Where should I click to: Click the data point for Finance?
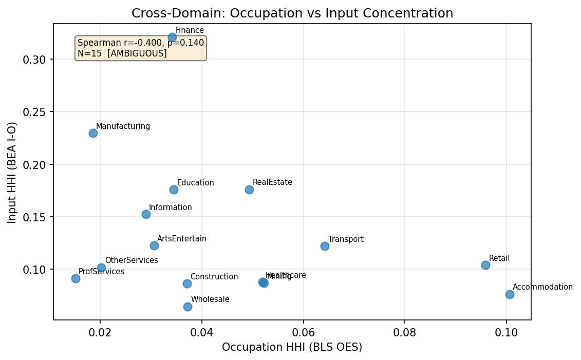pos(172,37)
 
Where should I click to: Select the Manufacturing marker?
pos(93,133)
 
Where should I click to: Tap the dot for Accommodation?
pos(510,294)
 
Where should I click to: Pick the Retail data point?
pos(485,265)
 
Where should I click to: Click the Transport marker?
pos(325,246)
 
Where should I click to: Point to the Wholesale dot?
pos(188,307)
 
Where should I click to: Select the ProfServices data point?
pos(76,278)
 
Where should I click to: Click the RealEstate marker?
pos(249,190)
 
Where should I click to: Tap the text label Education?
pos(195,183)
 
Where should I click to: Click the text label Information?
pos(170,207)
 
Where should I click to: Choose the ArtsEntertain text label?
pos(182,239)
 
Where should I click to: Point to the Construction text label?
pos(214,277)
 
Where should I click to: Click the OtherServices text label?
pos(132,260)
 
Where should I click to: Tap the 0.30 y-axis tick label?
pos(34,60)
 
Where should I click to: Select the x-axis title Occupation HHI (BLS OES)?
pos(292,347)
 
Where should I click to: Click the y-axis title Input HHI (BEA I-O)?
pos(12,172)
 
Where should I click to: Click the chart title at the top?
pos(292,13)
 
